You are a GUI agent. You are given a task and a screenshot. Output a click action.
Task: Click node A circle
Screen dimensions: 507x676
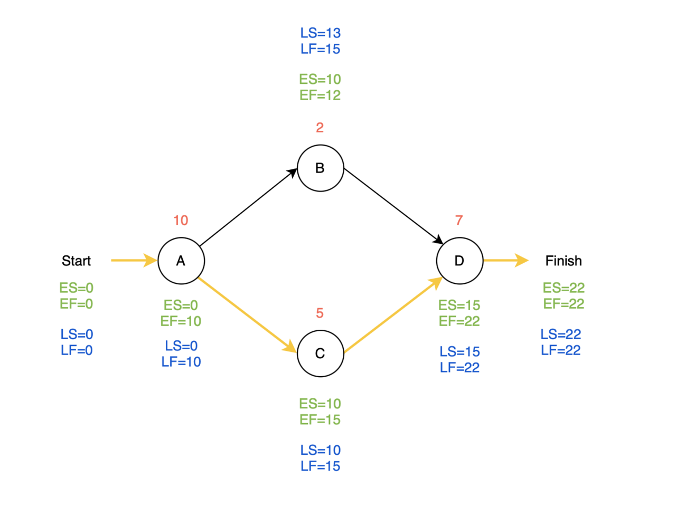click(x=181, y=261)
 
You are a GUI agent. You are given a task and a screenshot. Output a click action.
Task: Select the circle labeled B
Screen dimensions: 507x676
click(x=320, y=168)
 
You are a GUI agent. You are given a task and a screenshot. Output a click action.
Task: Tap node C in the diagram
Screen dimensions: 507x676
click(x=320, y=353)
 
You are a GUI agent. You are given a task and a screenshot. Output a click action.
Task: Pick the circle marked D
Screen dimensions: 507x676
click(x=459, y=261)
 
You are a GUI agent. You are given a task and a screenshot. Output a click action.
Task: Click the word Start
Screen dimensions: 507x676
click(x=76, y=261)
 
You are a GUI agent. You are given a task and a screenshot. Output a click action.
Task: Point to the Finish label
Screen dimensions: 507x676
click(x=564, y=261)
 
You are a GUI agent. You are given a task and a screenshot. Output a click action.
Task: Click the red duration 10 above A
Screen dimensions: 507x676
click(x=181, y=220)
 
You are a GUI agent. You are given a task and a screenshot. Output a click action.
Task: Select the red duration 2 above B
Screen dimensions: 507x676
click(x=320, y=127)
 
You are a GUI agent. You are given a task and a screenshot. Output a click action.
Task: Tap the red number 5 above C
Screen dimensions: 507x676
click(x=320, y=313)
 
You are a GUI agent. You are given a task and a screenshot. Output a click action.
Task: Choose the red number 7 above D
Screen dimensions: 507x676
click(x=459, y=220)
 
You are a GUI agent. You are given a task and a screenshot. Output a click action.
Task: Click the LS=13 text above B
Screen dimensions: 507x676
click(x=320, y=33)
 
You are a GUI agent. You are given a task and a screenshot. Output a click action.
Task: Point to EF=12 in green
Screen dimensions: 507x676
click(x=320, y=95)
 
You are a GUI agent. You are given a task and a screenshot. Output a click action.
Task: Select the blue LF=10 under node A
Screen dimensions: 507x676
click(x=181, y=362)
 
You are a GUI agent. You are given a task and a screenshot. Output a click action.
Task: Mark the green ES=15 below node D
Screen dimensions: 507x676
click(x=459, y=305)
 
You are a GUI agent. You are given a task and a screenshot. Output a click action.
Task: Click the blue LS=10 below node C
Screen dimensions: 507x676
click(x=320, y=450)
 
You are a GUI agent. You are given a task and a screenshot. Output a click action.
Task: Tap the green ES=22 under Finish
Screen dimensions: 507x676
click(x=564, y=288)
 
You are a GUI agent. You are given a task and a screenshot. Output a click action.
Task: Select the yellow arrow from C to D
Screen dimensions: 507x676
click(x=393, y=314)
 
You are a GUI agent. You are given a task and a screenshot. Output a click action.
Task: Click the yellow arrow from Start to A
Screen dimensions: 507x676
click(x=134, y=260)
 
